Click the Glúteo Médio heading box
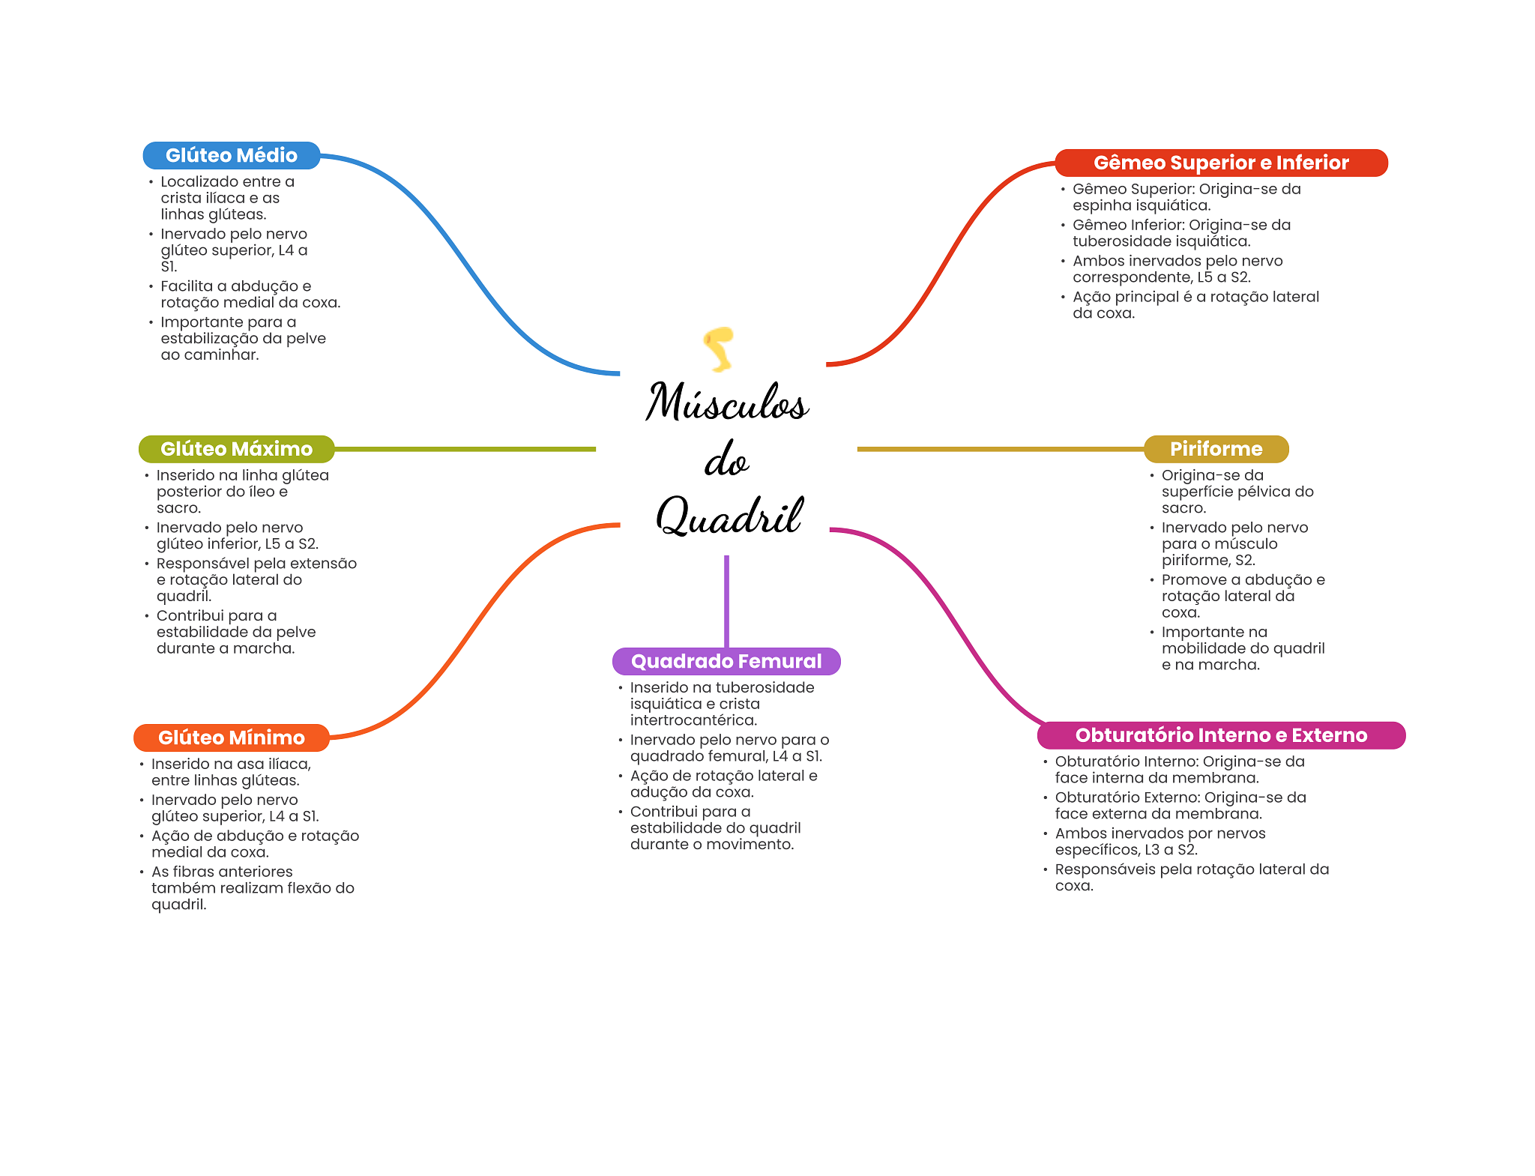coord(232,155)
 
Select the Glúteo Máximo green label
coord(236,449)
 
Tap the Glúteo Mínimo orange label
coord(231,738)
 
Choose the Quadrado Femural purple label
coord(726,661)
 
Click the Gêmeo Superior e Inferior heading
coord(1221,163)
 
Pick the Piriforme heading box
coord(1216,449)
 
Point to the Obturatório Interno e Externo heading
coord(1221,735)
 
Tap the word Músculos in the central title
coord(727,402)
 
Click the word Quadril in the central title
coord(729,516)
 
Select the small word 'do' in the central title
coord(726,460)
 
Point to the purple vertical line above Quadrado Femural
coord(726,600)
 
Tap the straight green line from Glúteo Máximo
coord(465,449)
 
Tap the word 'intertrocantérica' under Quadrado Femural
coord(693,720)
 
